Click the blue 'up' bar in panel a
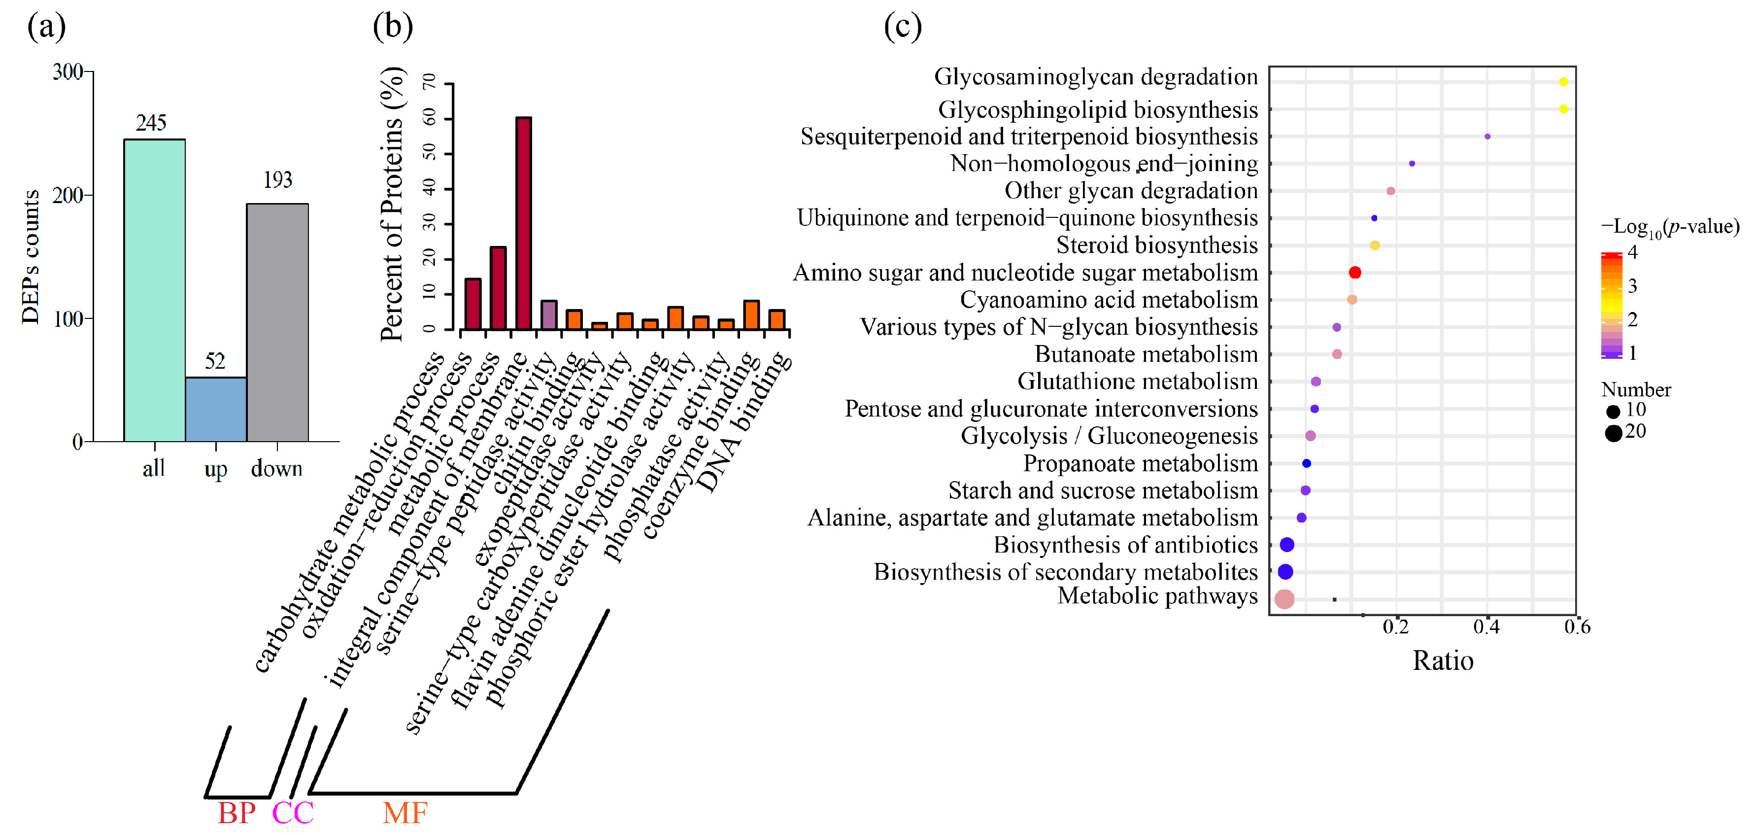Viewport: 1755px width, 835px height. pos(215,409)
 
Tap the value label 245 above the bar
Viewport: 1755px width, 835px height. pos(151,123)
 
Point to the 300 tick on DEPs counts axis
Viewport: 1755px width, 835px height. pos(67,71)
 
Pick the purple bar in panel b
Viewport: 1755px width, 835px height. pos(548,315)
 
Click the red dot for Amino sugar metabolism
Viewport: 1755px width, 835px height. pos(1355,273)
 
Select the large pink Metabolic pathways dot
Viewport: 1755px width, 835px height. pos(1284,599)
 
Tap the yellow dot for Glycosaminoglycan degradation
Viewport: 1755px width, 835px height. pos(1563,82)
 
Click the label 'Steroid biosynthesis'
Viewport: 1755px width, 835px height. pos(1156,244)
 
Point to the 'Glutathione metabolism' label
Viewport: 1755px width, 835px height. pos(1137,381)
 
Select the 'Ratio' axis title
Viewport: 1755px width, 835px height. pos(1442,661)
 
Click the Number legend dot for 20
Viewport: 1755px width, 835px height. pos(1613,433)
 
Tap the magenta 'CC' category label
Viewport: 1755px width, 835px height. pos(293,812)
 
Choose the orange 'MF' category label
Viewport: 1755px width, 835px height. pos(405,812)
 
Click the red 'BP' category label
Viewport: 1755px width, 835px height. pos(236,812)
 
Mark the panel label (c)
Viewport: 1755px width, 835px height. pos(902,27)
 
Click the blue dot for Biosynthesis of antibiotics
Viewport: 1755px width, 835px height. pos(1287,545)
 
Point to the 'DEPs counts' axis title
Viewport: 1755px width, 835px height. pos(31,257)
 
